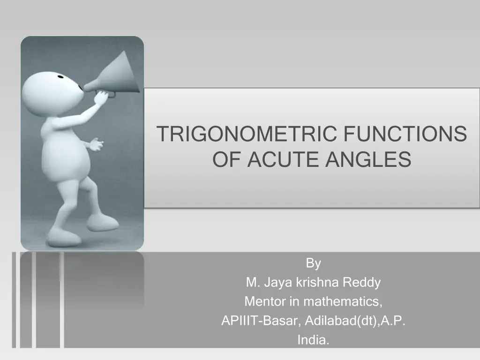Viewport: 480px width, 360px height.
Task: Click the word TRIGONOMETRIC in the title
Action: (x=247, y=134)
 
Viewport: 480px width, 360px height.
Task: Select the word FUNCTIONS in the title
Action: (x=405, y=134)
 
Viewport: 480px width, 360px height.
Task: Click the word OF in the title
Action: (x=227, y=159)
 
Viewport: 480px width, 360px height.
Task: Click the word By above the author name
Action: (x=313, y=263)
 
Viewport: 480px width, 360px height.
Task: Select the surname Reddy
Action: (x=362, y=283)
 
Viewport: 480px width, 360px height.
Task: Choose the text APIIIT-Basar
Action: (x=261, y=321)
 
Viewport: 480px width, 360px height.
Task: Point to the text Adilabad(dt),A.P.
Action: (x=356, y=321)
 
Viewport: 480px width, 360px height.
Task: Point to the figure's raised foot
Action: (x=102, y=221)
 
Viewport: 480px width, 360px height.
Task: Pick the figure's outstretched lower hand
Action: (x=95, y=144)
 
